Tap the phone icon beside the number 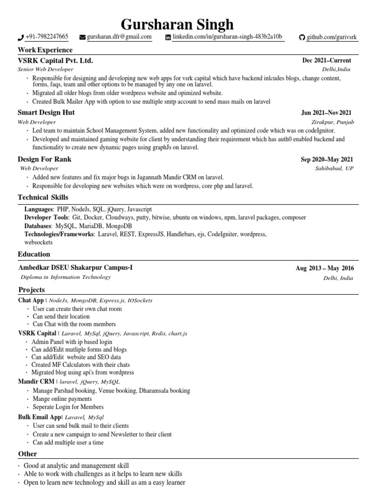[x=21, y=37]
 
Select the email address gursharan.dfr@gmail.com [x=119, y=37]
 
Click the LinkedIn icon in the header [x=168, y=37]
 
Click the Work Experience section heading [x=45, y=50]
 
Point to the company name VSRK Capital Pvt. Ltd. [x=55, y=60]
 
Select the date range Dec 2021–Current [x=326, y=60]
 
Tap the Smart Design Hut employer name [x=46, y=112]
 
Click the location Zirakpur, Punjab [x=332, y=121]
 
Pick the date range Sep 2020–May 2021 [x=326, y=160]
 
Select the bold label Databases [x=39, y=225]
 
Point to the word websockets [x=39, y=242]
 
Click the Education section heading [x=34, y=254]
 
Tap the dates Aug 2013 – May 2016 [x=324, y=268]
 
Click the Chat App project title [x=31, y=300]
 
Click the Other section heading [x=27, y=454]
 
